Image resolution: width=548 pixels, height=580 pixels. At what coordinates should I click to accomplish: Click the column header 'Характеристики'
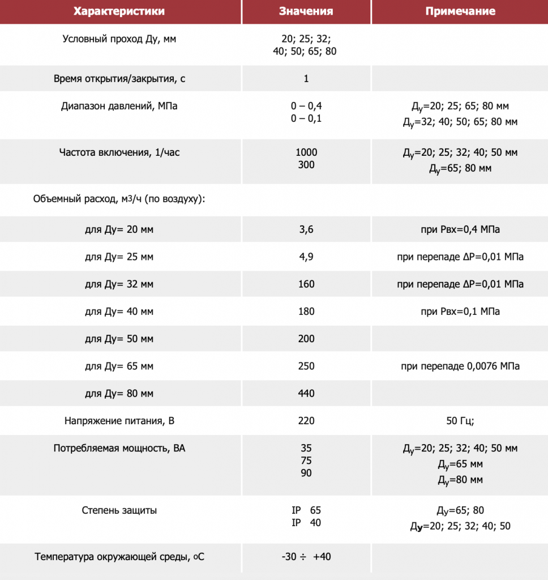120,11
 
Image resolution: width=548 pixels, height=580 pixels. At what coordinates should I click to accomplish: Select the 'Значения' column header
306,11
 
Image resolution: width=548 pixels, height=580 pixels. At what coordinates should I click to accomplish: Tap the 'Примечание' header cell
460,11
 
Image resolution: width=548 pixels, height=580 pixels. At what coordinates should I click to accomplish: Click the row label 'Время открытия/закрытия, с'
119,79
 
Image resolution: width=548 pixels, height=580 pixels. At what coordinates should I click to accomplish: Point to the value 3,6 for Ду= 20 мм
306,229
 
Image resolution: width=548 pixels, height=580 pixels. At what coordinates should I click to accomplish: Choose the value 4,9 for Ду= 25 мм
306,257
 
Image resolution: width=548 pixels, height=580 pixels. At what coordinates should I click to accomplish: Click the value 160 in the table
306,284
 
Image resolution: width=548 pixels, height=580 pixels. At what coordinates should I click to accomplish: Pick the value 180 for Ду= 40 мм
306,312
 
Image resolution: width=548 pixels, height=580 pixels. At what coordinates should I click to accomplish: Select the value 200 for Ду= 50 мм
306,339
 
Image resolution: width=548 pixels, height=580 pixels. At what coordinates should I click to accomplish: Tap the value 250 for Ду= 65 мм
306,366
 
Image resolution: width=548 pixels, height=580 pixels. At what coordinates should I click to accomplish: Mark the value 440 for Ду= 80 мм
306,394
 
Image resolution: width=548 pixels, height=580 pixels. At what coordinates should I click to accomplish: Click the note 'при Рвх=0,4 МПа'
460,229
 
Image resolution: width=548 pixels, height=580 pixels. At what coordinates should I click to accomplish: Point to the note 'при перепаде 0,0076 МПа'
460,366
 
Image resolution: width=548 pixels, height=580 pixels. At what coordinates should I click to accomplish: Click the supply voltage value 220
306,421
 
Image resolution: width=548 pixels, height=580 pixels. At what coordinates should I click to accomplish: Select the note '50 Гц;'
460,421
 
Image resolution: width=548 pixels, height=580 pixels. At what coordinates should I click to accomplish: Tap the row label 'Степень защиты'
119,510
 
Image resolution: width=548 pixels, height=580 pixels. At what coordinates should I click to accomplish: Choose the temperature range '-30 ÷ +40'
306,557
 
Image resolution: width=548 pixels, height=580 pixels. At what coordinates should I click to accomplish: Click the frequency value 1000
306,152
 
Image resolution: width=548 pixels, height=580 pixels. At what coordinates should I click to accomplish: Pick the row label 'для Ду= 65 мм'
119,366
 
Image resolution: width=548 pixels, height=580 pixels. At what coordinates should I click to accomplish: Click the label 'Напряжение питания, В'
119,421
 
